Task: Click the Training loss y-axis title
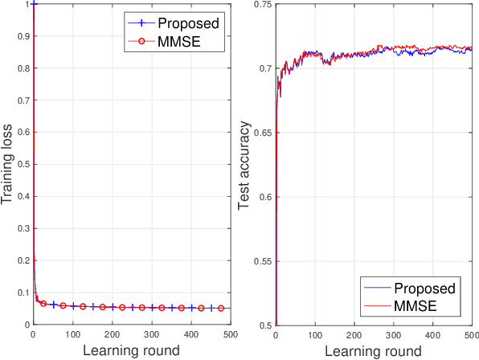click(8, 165)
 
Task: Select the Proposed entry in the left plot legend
click(187, 22)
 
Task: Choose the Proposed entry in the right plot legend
click(433, 288)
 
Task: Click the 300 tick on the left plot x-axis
click(152, 333)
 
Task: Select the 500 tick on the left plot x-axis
click(230, 333)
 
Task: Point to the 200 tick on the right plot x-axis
click(354, 333)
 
